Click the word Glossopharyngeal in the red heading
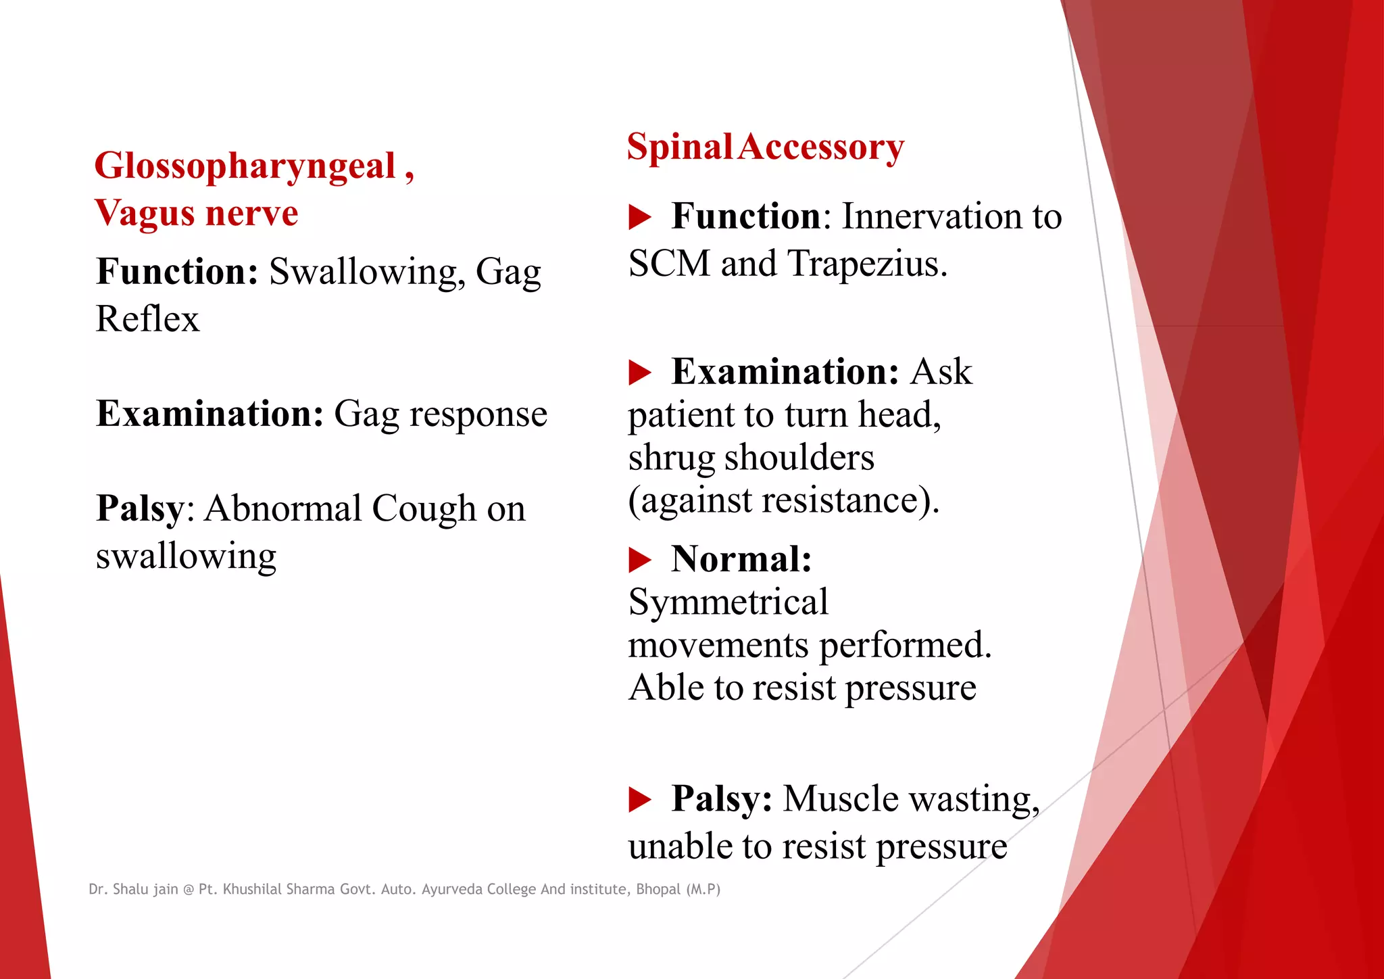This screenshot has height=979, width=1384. pyautogui.click(x=245, y=166)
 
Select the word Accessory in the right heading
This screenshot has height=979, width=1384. pyautogui.click(x=820, y=147)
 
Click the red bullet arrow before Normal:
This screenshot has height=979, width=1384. pyautogui.click(x=639, y=560)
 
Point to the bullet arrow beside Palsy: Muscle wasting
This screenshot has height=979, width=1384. pyautogui.click(x=639, y=799)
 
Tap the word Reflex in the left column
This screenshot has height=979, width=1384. pyautogui.click(x=147, y=319)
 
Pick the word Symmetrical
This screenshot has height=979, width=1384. pyautogui.click(x=728, y=602)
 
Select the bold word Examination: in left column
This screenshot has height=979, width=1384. pyautogui.click(x=209, y=414)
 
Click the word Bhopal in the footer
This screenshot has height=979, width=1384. pyautogui.click(x=658, y=889)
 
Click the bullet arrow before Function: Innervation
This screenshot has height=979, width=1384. pyautogui.click(x=639, y=217)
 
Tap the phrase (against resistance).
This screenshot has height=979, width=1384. pyautogui.click(x=783, y=501)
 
